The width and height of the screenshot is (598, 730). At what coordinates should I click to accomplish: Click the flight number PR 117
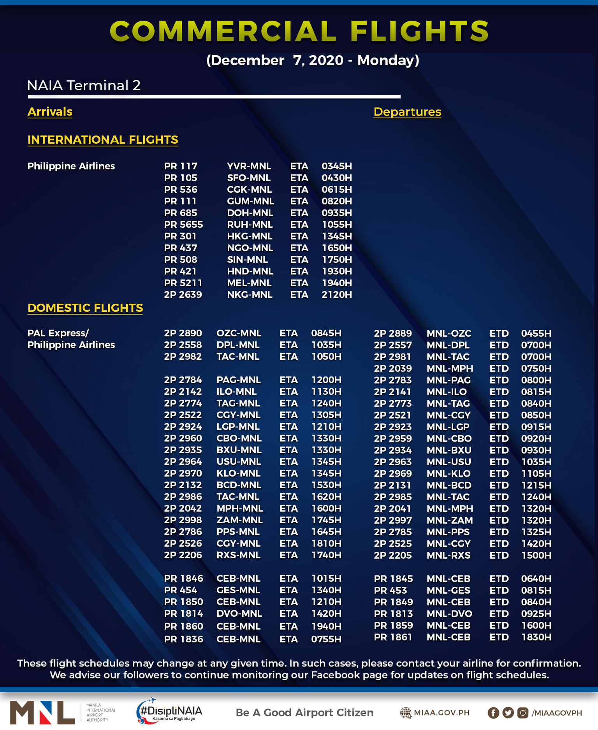181,166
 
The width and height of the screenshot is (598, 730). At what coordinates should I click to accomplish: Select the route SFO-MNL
249,178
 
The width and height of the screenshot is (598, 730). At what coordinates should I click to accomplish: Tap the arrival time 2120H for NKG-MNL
336,295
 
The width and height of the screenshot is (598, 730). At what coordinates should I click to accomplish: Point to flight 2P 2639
183,295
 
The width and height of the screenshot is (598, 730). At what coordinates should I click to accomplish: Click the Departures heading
407,112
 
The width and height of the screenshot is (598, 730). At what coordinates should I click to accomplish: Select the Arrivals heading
50,112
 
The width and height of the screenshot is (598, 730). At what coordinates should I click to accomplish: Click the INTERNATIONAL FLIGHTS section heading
103,140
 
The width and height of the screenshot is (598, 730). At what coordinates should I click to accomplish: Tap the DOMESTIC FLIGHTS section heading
85,308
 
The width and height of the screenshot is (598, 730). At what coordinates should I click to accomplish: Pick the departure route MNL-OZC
449,334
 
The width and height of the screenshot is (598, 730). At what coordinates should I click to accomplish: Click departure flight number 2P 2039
393,369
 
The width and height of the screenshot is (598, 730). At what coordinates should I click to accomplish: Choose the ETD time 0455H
536,334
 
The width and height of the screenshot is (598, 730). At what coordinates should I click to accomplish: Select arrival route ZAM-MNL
239,520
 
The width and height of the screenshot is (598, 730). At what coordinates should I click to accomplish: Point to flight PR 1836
183,639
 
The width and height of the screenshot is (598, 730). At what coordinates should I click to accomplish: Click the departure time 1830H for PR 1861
536,637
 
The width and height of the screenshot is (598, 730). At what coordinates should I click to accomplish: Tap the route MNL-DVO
449,614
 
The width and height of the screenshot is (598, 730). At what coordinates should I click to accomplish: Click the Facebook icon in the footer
493,713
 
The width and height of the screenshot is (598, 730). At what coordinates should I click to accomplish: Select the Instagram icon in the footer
523,713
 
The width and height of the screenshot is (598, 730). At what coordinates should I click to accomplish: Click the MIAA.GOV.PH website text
441,713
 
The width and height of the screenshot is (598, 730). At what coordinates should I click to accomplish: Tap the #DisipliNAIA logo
170,711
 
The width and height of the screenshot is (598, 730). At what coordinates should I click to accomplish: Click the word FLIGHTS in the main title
419,31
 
